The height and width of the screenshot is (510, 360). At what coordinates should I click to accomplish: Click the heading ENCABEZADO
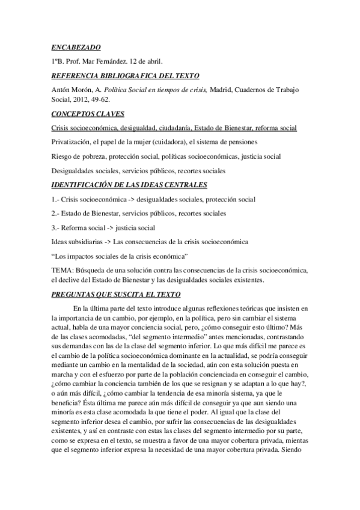pos(75,47)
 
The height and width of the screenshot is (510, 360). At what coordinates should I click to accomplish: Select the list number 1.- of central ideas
pos(56,198)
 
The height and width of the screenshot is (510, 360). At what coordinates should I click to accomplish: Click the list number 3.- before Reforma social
pos(56,227)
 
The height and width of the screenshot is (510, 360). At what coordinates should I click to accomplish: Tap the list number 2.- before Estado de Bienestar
pos(56,213)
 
